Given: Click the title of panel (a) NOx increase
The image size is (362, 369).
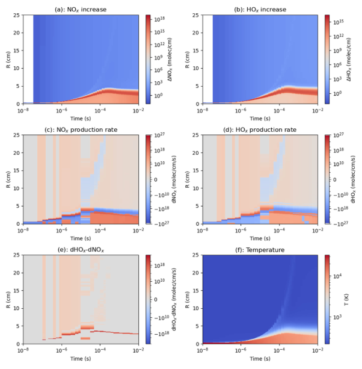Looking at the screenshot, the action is pos(81,10).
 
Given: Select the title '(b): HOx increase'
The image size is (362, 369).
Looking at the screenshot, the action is pos(260,10).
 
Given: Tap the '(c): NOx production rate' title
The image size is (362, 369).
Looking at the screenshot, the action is pos(81,130).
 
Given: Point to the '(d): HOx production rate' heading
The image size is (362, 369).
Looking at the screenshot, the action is pos(260,130).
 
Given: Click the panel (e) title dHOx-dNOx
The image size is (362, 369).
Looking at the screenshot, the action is pos(81,250).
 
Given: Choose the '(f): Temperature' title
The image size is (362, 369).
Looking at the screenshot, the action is pos(260,250).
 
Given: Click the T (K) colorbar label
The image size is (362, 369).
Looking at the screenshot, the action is pos(346,299).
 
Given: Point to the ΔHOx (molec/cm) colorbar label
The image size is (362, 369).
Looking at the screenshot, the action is pos(349,60).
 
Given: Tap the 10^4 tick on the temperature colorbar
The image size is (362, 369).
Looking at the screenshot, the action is pos(337,276).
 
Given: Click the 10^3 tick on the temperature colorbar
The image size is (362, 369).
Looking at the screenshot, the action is pos(337,317).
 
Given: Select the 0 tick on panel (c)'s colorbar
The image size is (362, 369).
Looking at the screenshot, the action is pos(155,180).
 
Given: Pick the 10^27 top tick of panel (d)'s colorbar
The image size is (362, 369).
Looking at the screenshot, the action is pos(339,135).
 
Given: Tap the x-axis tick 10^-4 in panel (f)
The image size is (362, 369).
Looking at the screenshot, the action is pos(280,350).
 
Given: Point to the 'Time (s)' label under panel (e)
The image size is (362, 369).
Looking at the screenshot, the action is pos(81,359).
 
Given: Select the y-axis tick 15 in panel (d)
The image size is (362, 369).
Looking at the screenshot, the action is pos(196,170).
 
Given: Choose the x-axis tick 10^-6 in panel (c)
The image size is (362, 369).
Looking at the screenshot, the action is pos(61,231).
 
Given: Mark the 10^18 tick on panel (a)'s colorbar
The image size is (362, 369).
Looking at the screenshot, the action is pos(159,19).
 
